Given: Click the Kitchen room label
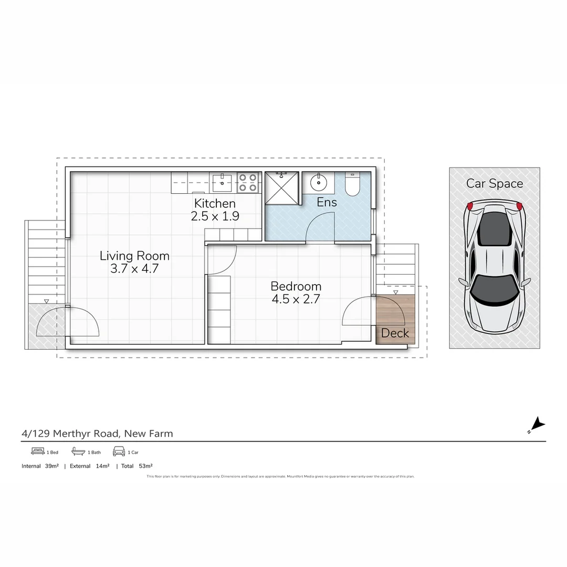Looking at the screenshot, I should [x=215, y=204].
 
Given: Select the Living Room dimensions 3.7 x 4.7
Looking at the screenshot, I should [x=134, y=269].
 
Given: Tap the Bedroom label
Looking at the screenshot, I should [x=296, y=287].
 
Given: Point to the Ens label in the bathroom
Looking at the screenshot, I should [x=327, y=202].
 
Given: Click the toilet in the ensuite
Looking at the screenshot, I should [x=352, y=185].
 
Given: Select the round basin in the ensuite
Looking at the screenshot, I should [x=318, y=183].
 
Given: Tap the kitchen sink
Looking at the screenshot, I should [x=222, y=183].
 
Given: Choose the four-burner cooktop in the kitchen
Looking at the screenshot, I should [x=248, y=183].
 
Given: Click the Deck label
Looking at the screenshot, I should [x=395, y=333].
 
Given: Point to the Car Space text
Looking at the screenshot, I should [x=495, y=184].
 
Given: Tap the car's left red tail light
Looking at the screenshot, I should [x=470, y=205].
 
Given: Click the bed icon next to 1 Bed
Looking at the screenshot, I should [x=37, y=451].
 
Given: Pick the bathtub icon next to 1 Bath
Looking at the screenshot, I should [x=78, y=451].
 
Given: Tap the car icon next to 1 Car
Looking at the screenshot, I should [x=119, y=451].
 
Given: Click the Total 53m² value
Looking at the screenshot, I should [x=145, y=466].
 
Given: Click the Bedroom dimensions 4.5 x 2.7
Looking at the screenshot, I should [x=296, y=300].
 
